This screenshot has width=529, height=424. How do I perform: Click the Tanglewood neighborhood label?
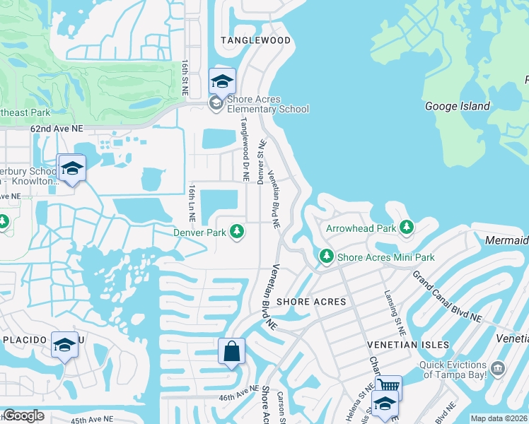pyautogui.click(x=255, y=40)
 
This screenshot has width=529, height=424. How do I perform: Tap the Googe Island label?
pyautogui.click(x=457, y=106)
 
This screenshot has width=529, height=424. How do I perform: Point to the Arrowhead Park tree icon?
pyautogui.click(x=406, y=228)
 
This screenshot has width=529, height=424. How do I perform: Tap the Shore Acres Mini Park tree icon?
pyautogui.click(x=326, y=257)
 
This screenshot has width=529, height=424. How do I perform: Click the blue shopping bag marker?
pyautogui.click(x=233, y=351)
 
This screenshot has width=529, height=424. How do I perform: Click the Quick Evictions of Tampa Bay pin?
pyautogui.click(x=497, y=368)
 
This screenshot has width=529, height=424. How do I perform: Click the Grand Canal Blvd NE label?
pyautogui.click(x=447, y=297)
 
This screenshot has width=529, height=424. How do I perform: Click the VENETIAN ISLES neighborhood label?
pyautogui.click(x=408, y=344)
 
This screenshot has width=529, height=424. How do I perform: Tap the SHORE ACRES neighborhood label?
pyautogui.click(x=311, y=302)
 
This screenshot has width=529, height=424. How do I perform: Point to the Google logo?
pyautogui.click(x=23, y=416)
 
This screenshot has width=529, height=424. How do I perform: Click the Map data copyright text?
pyautogui.click(x=499, y=418)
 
